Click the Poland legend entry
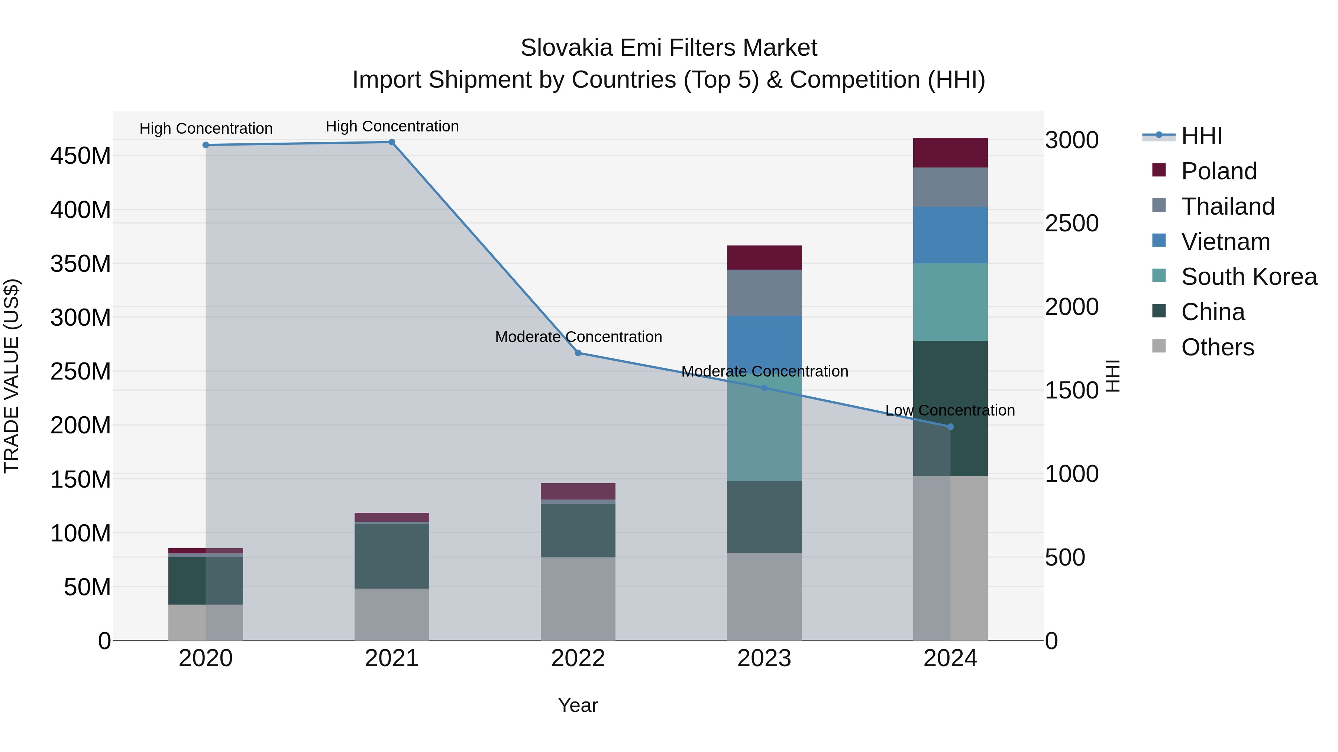pyautogui.click(x=1218, y=171)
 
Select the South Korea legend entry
pyautogui.click(x=1248, y=277)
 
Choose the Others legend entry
pyautogui.click(x=1217, y=347)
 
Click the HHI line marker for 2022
pyautogui.click(x=578, y=353)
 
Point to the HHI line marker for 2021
pyautogui.click(x=392, y=142)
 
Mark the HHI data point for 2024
pyautogui.click(x=950, y=427)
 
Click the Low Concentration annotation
pyautogui.click(x=950, y=410)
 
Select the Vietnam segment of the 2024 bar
pyautogui.click(x=950, y=235)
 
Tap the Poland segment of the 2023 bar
pyautogui.click(x=764, y=257)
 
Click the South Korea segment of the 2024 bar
pyautogui.click(x=950, y=302)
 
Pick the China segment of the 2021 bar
pyautogui.click(x=392, y=556)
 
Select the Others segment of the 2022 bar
pyautogui.click(x=578, y=599)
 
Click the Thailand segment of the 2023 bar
pyautogui.click(x=764, y=293)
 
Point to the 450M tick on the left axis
pyautogui.click(x=81, y=156)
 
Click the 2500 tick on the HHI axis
pyautogui.click(x=1072, y=224)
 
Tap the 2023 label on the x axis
pyautogui.click(x=764, y=658)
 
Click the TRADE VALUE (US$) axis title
pyautogui.click(x=12, y=376)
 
